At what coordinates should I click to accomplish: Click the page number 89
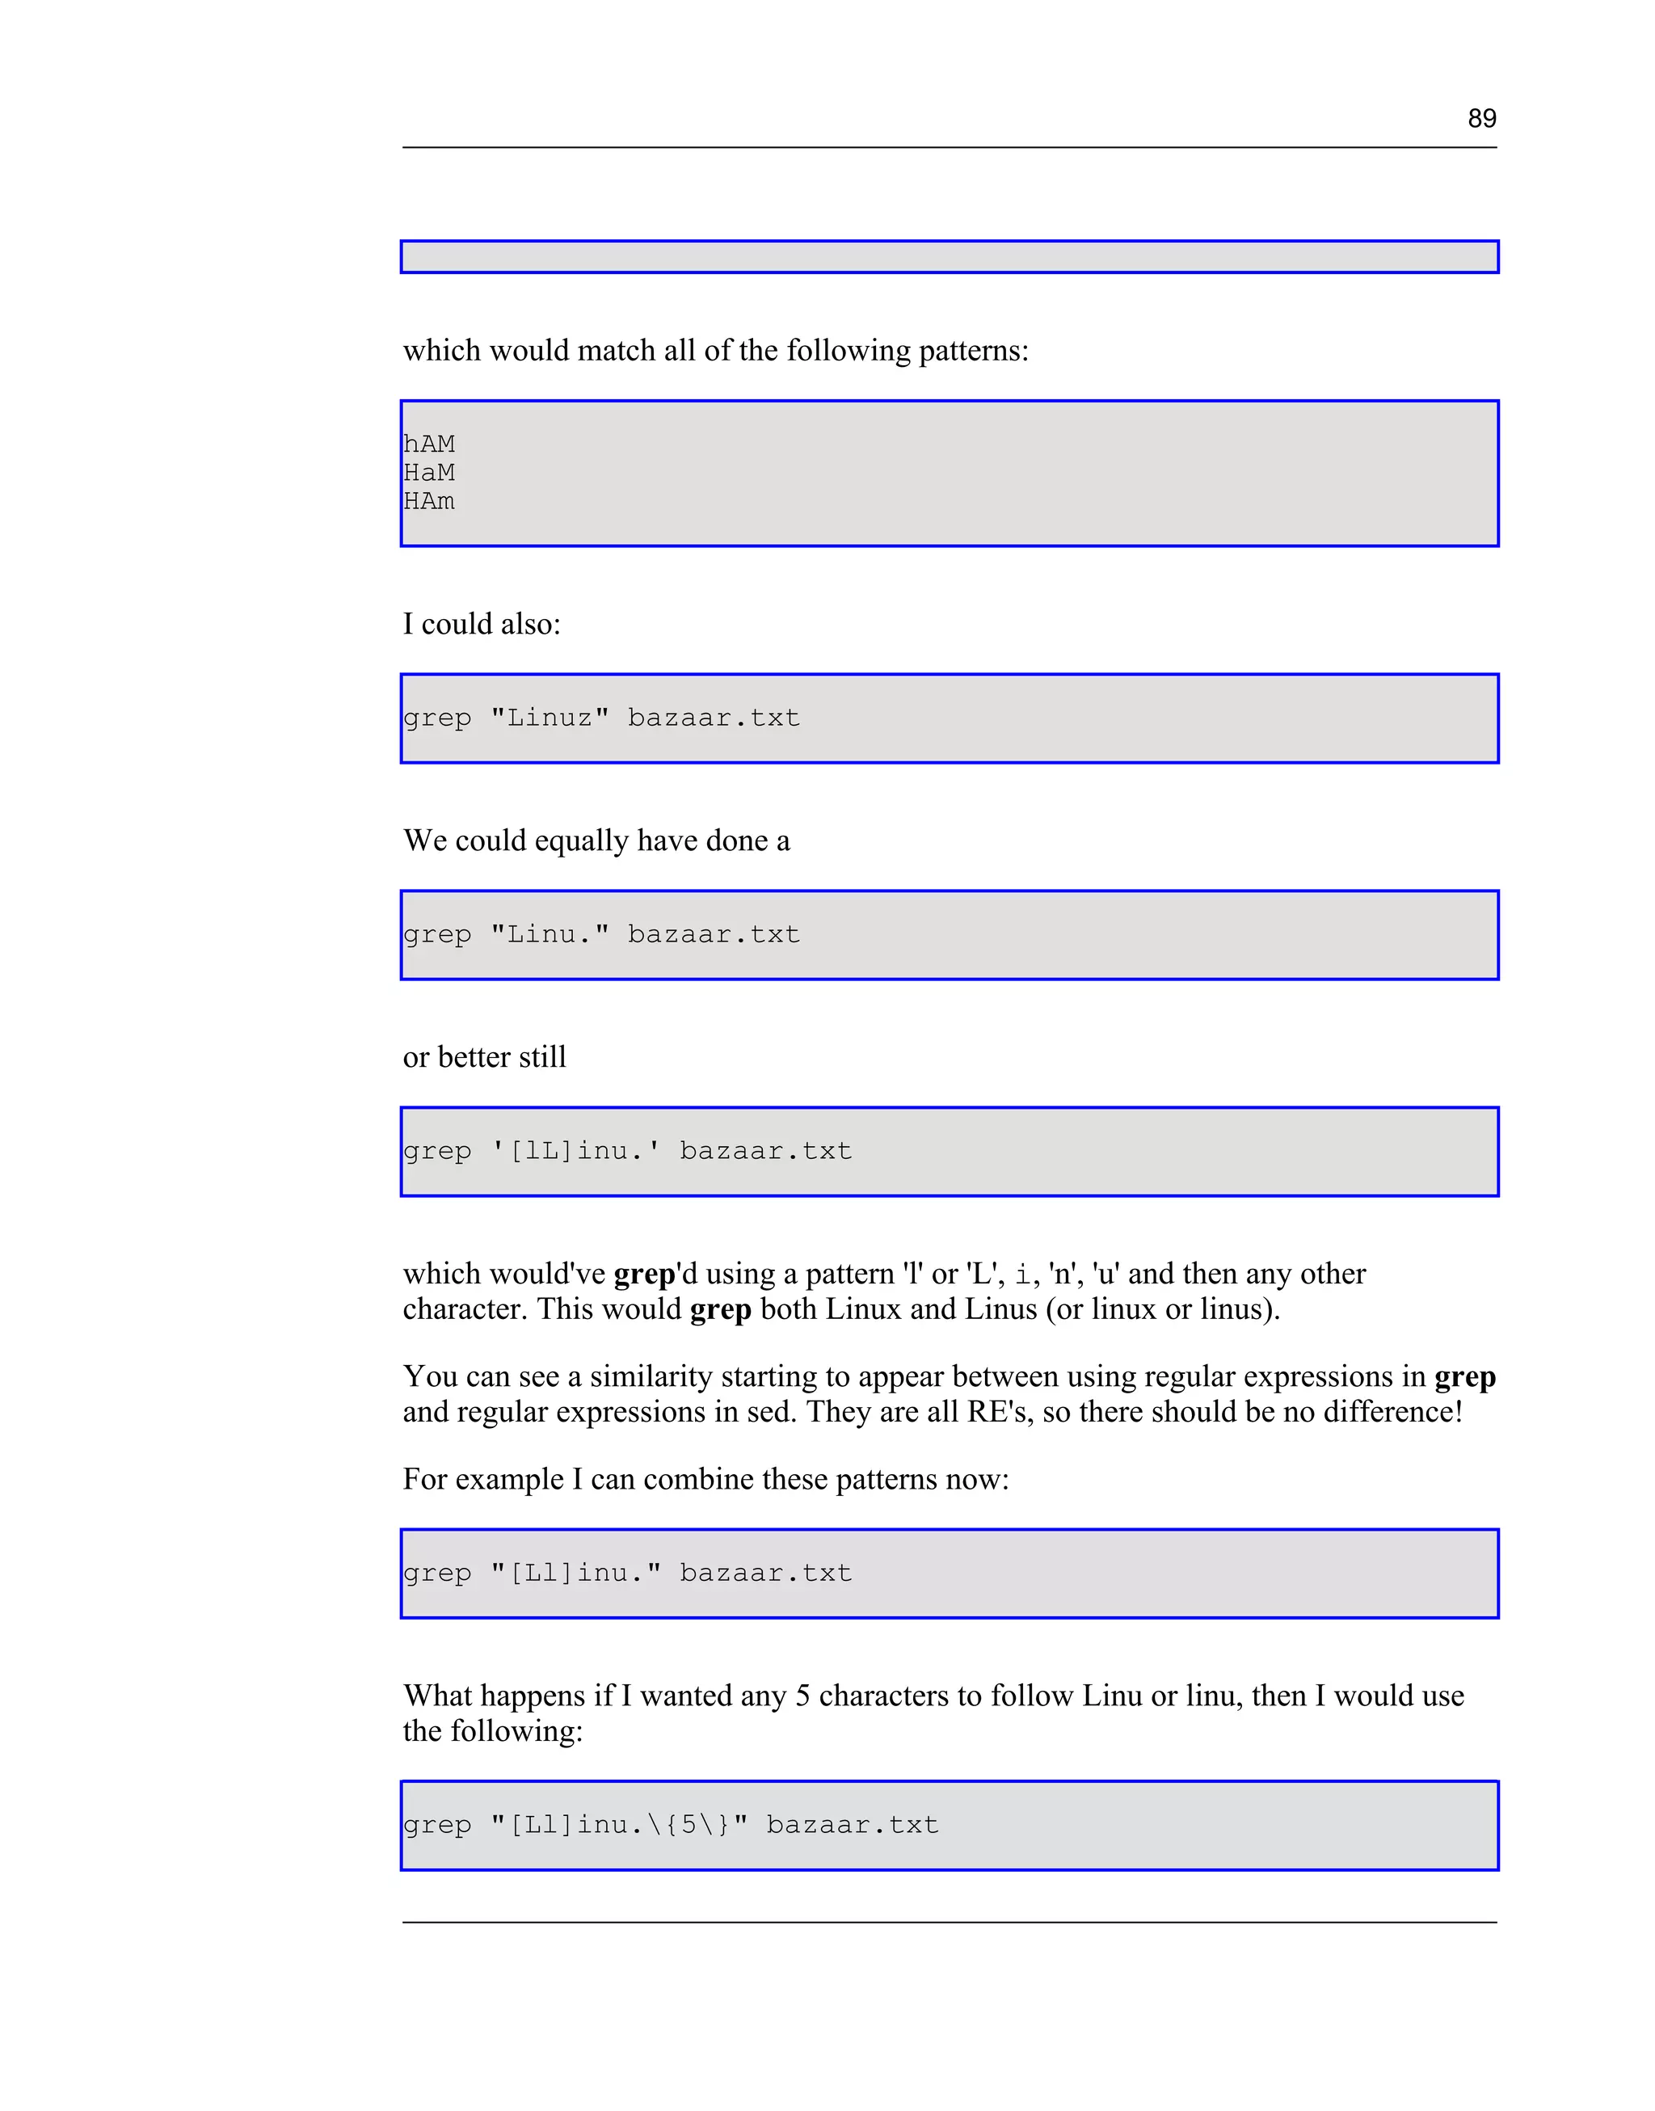point(1481,118)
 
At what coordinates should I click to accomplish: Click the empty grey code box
point(949,257)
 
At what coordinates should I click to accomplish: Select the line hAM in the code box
point(429,444)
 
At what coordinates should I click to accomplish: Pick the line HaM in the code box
point(429,473)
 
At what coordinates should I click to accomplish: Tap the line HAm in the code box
point(429,501)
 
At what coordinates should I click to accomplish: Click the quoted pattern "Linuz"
point(550,718)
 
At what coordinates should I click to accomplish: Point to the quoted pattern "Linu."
point(550,934)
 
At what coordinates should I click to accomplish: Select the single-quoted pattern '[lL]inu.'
point(575,1151)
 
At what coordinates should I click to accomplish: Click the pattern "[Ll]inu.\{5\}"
point(619,1825)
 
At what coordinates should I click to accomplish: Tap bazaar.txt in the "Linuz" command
point(714,718)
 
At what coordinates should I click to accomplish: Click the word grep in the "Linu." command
point(437,935)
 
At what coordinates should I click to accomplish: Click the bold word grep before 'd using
point(643,1274)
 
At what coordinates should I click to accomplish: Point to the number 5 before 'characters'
point(802,1696)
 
